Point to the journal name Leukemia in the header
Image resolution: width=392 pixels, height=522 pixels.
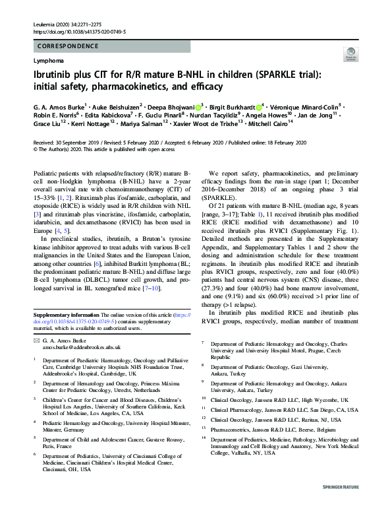pyautogui.click(x=45, y=24)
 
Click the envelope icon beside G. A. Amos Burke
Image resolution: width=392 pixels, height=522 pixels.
pyautogui.click(x=36, y=339)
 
